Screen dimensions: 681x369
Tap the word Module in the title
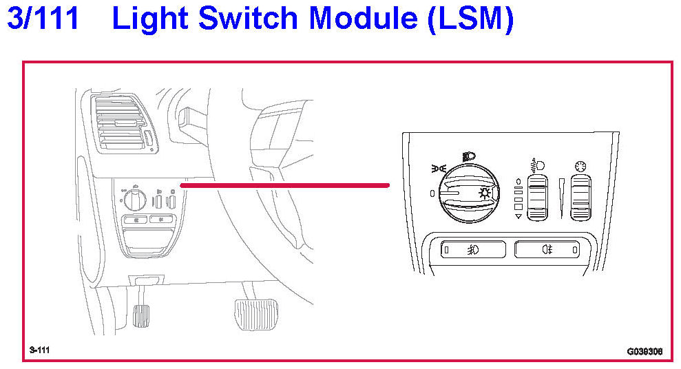pyautogui.click(x=364, y=19)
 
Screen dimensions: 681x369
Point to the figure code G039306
pyautogui.click(x=644, y=351)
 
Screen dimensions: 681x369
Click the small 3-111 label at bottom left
pyautogui.click(x=40, y=350)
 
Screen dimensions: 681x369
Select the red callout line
pyautogui.click(x=284, y=184)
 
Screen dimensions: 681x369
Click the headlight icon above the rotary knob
pyautogui.click(x=469, y=156)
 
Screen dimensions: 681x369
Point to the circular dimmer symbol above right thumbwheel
pyautogui.click(x=578, y=166)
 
